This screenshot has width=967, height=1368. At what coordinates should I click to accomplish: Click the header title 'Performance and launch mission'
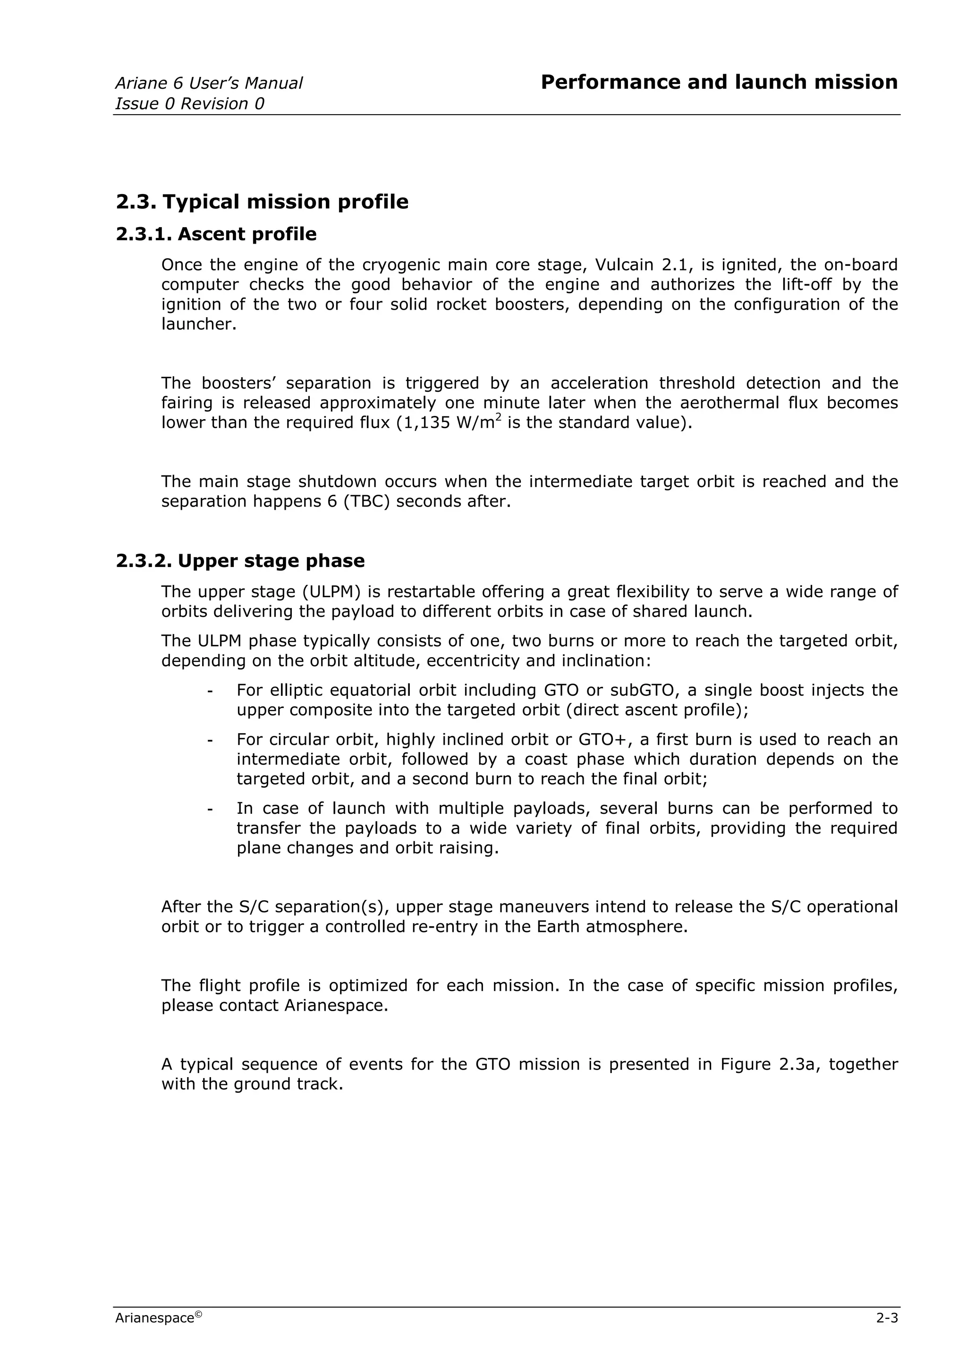(719, 82)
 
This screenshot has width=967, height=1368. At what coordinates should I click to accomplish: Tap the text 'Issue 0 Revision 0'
(189, 104)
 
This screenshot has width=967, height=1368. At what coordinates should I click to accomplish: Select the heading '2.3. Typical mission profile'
(262, 202)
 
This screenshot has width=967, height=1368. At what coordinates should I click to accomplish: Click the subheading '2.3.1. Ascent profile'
(216, 234)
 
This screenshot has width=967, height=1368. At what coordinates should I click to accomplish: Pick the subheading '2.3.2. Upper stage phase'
(240, 561)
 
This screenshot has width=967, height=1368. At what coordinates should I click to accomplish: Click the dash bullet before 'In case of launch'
(210, 809)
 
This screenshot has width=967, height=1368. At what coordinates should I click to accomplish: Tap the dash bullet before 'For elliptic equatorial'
(210, 691)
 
